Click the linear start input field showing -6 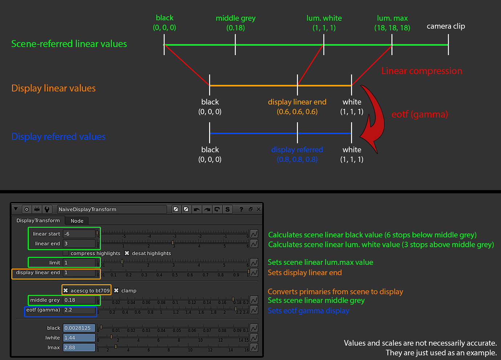coord(79,234)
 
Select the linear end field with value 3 coord(79,244)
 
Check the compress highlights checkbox coord(66,253)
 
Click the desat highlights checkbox coord(127,253)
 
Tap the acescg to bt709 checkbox coord(66,290)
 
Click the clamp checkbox coord(116,290)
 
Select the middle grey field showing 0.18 coord(79,300)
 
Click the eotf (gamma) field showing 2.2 coord(79,310)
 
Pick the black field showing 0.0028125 coord(79,328)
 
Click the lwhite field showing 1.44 coord(79,338)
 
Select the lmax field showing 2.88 coord(79,348)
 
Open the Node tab coord(77,221)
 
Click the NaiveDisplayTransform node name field coord(111,209)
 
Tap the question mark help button coord(241,209)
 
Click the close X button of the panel coord(258,209)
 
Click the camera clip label coord(445,26)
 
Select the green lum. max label coord(392,23)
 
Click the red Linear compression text coord(421,71)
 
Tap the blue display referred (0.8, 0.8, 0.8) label coord(297,155)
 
